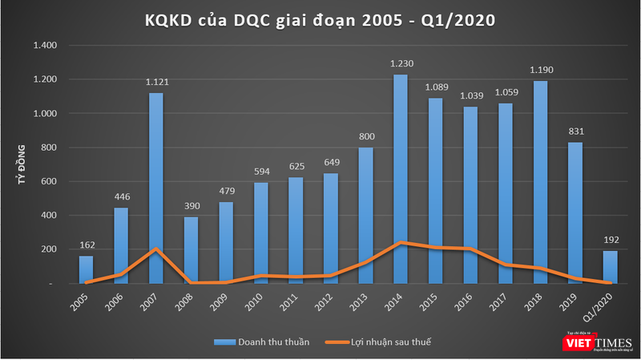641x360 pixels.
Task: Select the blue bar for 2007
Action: point(155,188)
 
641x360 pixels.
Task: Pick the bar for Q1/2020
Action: point(611,267)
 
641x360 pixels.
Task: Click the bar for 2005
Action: point(86,269)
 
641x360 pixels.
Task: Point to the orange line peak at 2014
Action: point(401,242)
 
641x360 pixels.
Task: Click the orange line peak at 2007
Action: point(155,249)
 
